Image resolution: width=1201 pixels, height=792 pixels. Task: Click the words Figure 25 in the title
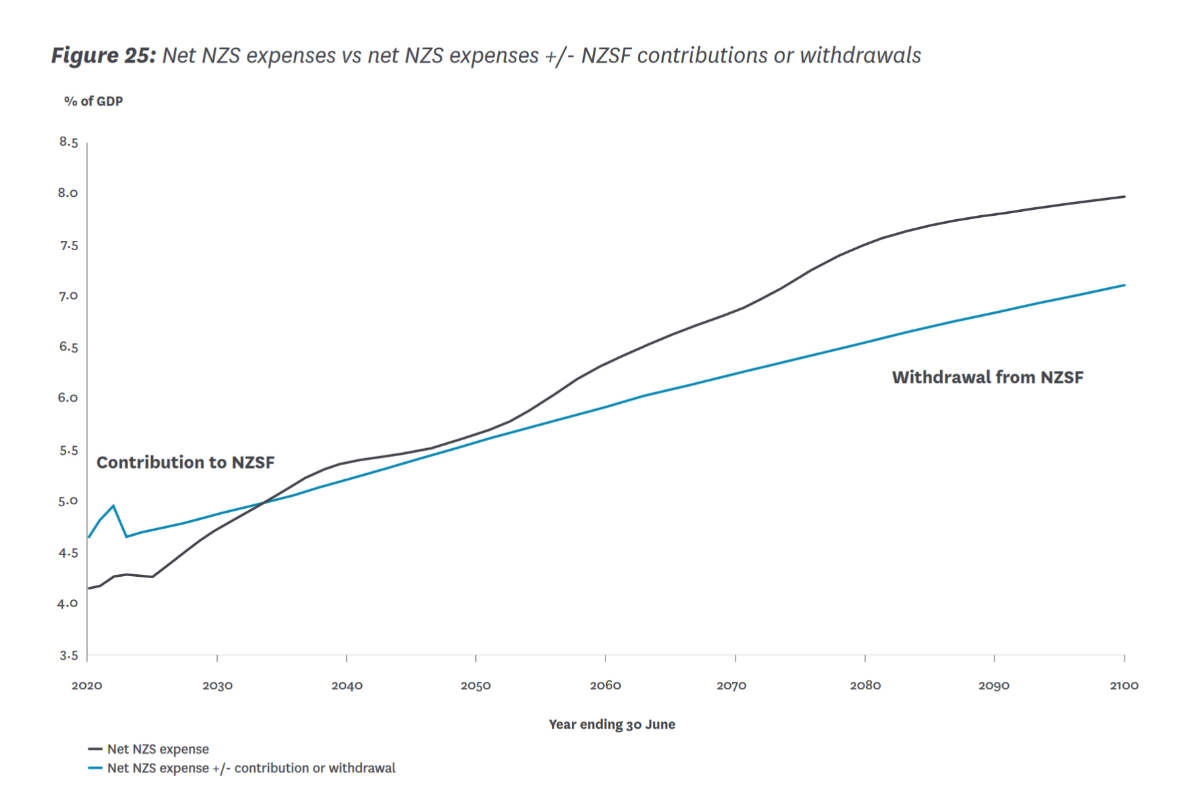coord(103,55)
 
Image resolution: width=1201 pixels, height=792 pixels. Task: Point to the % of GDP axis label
coord(93,102)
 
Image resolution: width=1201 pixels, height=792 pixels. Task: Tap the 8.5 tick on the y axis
coord(68,142)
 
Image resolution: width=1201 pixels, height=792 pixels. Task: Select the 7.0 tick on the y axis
coord(68,296)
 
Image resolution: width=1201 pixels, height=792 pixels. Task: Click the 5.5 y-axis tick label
coord(68,450)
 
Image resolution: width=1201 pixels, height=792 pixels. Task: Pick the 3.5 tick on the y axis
coord(68,655)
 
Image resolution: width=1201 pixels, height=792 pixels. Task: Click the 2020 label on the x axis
coord(86,686)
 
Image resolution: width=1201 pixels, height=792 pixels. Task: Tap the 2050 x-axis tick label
coord(475,686)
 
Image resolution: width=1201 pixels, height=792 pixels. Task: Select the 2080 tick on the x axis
coord(865,686)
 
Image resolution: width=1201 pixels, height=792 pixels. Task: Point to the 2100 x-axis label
coord(1124,686)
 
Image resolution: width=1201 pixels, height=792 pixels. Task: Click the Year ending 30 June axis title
coord(611,725)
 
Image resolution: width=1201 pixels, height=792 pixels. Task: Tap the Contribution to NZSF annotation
coord(186,463)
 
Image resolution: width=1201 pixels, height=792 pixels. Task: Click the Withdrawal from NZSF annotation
coord(987,378)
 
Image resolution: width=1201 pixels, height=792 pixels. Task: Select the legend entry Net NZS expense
coord(158,749)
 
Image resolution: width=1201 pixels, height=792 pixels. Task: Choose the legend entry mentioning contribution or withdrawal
coord(251,768)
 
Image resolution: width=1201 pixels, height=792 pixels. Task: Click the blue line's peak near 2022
coord(114,506)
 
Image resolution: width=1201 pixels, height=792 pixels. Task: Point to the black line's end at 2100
coord(1124,197)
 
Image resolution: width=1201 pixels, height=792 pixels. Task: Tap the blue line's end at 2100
coord(1124,285)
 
